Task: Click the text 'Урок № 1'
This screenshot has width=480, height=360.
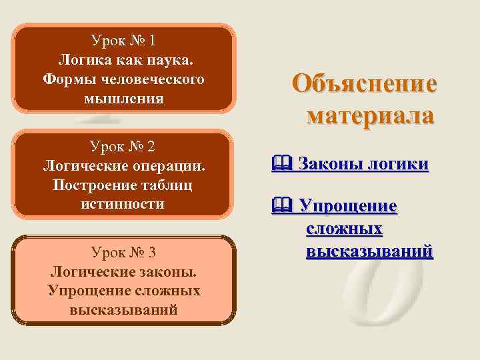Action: tap(124, 41)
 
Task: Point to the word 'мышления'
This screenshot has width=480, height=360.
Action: tap(124, 99)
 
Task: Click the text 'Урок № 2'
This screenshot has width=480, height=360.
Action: tap(123, 145)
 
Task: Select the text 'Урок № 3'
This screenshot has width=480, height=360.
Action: tap(123, 252)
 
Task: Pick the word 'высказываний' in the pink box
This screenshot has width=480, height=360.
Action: tap(123, 310)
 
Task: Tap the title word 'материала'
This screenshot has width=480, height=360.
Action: tap(371, 114)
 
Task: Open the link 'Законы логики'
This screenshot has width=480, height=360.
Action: tap(363, 164)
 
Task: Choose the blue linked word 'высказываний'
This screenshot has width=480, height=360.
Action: tap(369, 252)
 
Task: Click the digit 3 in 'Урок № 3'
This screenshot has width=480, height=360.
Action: tap(152, 252)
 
